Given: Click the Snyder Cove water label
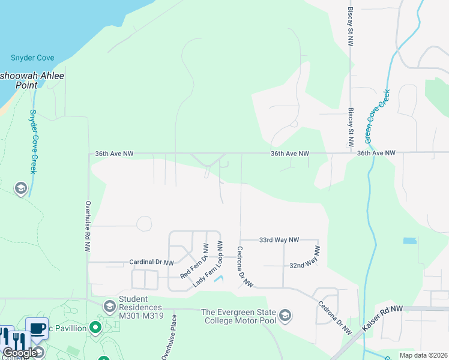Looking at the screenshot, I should [32, 58].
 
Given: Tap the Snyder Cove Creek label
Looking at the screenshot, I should [34, 142].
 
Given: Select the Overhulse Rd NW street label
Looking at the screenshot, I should [88, 226].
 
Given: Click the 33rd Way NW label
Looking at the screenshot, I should [279, 240].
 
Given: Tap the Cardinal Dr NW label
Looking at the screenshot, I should [151, 263].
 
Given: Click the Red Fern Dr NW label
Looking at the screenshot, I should [194, 262].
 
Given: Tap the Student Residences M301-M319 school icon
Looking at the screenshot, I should [109, 307].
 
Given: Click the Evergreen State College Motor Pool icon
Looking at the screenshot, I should [285, 315].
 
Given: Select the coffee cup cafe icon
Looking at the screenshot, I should [37, 328].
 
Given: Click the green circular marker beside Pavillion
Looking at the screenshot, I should [95, 328].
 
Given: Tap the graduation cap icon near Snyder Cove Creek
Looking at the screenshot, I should [21, 189].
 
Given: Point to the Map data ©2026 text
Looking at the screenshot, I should [423, 355].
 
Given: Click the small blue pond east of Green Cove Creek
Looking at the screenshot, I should [410, 241].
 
